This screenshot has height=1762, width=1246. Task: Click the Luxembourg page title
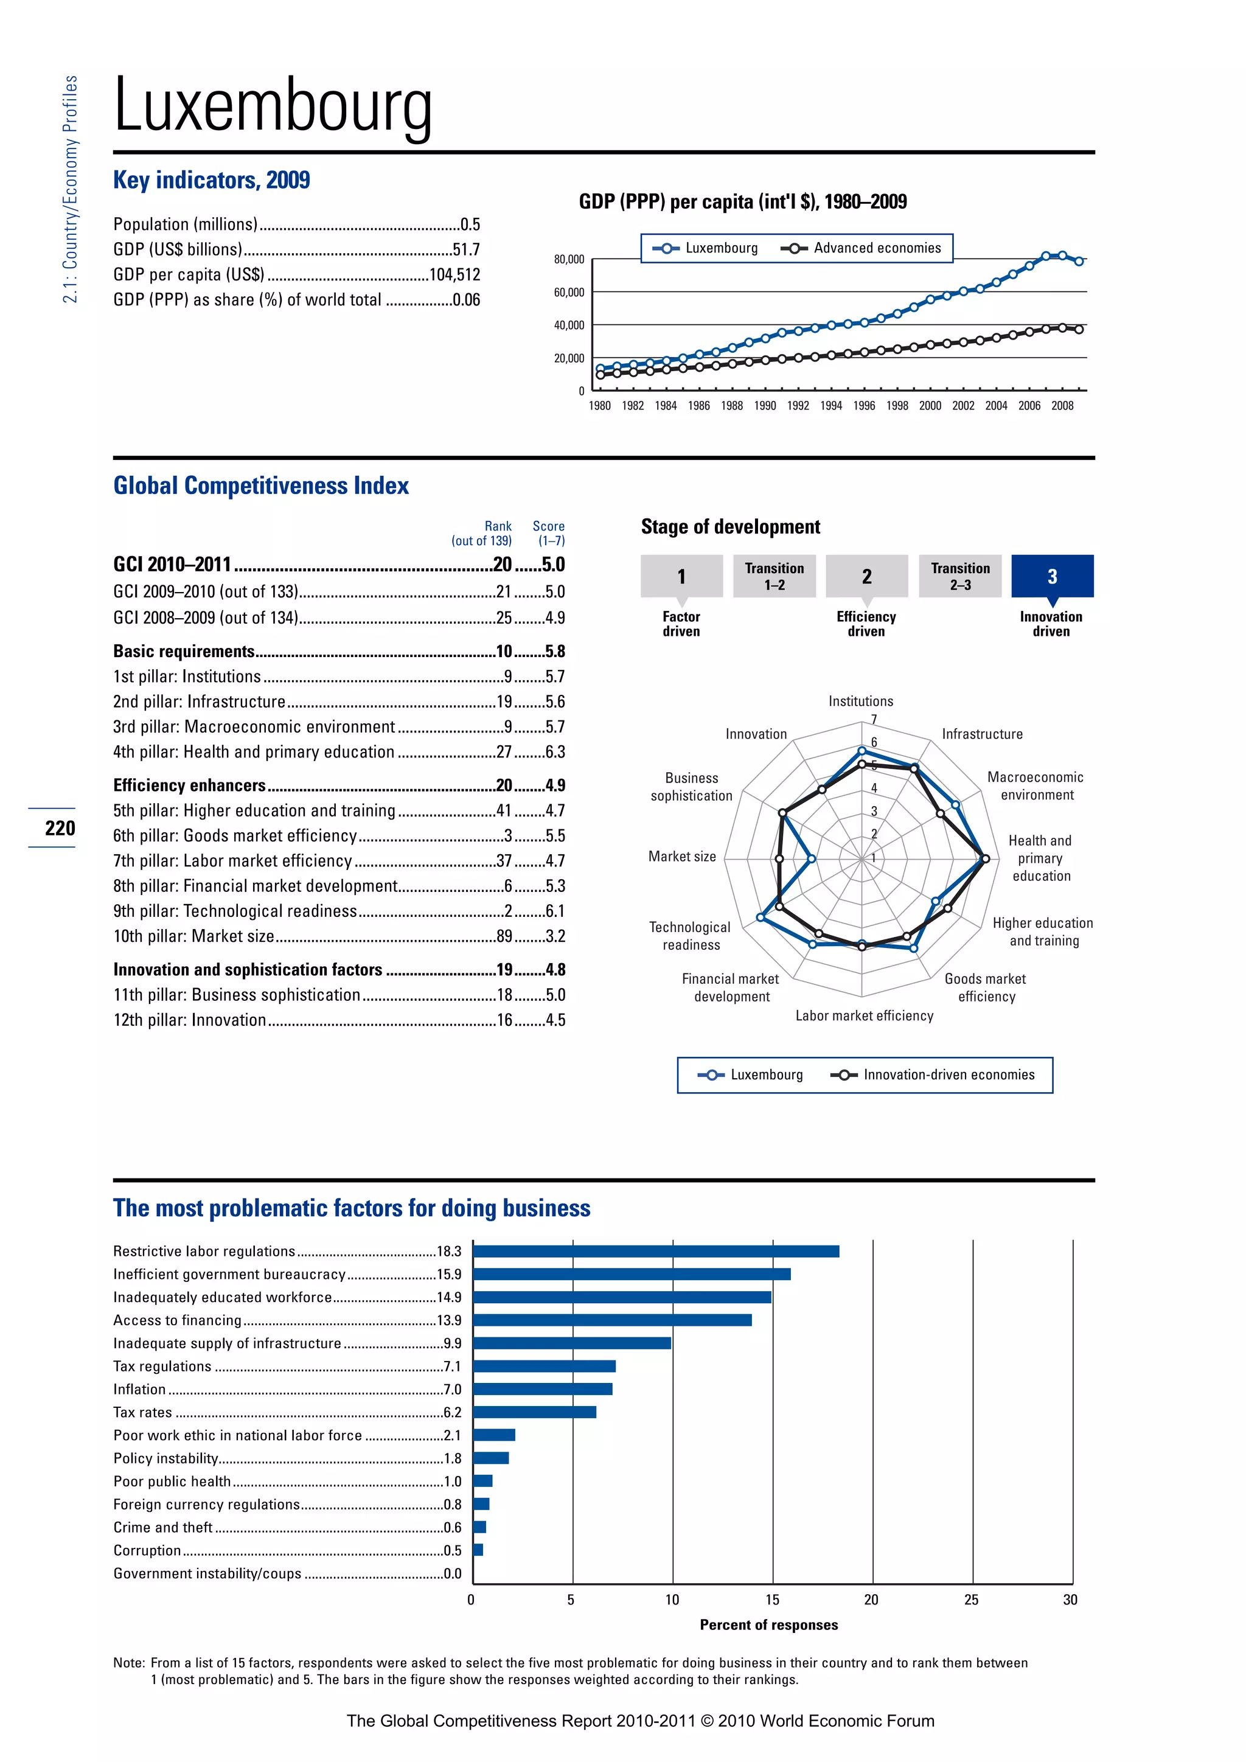[273, 106]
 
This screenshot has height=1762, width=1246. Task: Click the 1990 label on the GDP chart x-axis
[764, 406]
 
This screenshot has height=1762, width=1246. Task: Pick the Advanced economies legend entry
[861, 248]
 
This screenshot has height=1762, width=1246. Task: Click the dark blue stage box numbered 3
[1052, 576]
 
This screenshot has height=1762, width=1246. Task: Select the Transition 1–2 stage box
[774, 576]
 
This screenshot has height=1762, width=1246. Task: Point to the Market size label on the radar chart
[681, 857]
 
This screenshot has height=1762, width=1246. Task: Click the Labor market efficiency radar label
[864, 1016]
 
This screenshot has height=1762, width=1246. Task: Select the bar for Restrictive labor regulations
[656, 1252]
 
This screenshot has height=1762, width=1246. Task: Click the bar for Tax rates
[535, 1412]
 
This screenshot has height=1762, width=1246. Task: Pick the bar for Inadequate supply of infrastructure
[572, 1343]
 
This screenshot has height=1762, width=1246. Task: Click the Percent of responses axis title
[769, 1624]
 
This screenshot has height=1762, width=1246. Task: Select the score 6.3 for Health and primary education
[555, 752]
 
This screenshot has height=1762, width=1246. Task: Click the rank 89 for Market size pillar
[504, 936]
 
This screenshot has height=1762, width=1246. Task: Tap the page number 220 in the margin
[60, 828]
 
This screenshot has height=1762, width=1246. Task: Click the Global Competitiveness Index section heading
[261, 486]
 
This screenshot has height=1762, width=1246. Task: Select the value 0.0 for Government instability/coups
[453, 1573]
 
